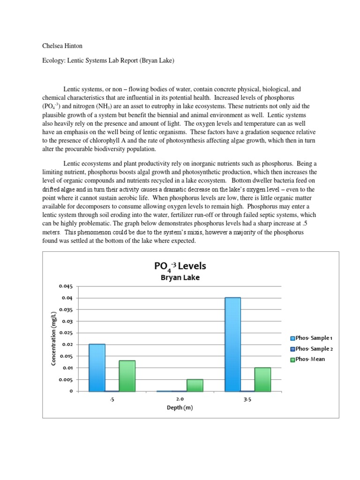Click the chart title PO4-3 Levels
[180, 266]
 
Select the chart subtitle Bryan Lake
[180, 277]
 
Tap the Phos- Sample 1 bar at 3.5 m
[232, 344]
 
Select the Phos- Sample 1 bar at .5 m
[97, 367]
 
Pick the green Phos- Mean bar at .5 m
[127, 375]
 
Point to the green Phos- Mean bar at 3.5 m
[262, 379]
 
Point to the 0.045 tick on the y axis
[66, 286]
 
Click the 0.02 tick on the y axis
[67, 345]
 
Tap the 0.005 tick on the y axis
[66, 380]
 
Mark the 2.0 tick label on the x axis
[180, 399]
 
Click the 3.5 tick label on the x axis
[247, 399]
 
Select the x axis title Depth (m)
[180, 407]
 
